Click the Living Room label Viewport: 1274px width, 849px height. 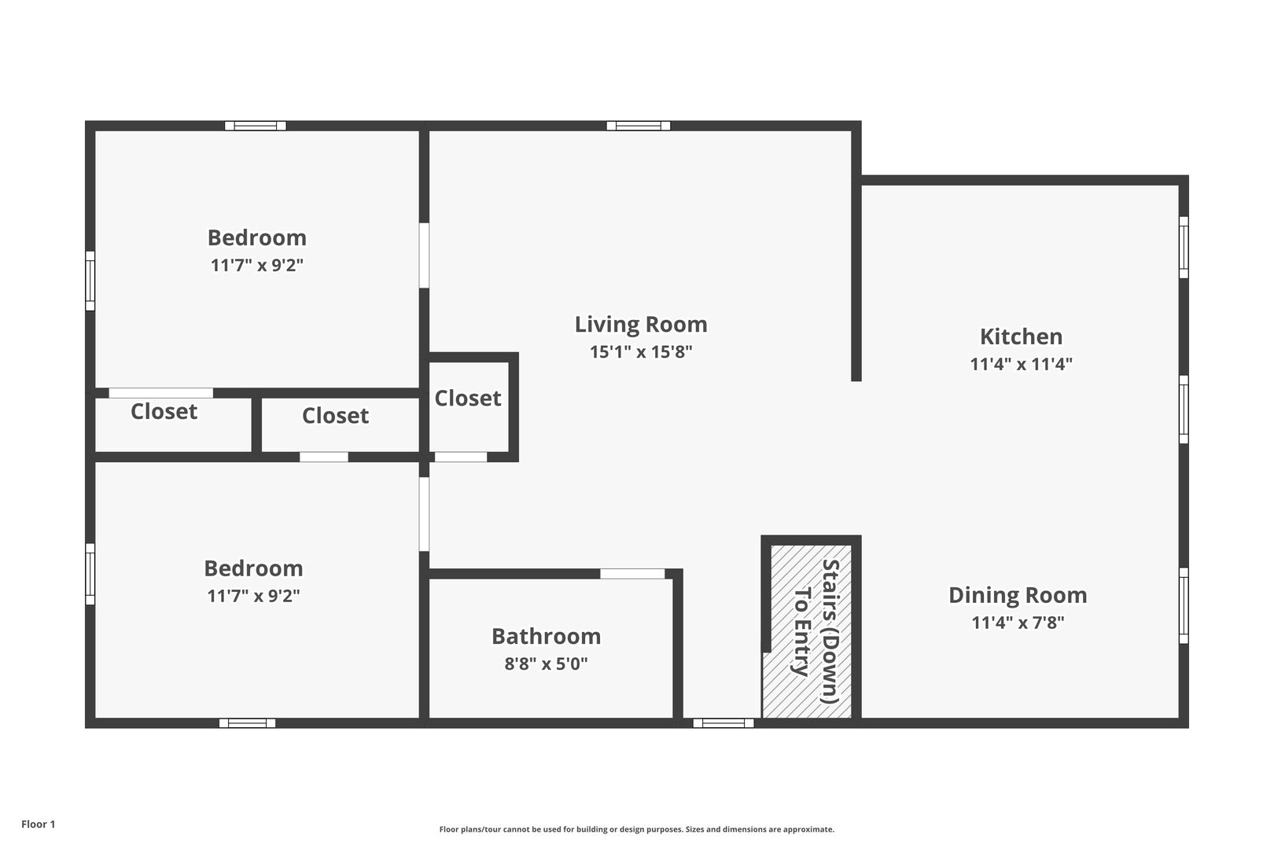(x=641, y=325)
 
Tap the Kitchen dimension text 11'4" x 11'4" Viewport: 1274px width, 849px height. (x=1021, y=364)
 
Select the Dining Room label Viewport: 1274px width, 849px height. (x=1018, y=595)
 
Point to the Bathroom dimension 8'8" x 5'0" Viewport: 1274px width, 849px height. (x=546, y=663)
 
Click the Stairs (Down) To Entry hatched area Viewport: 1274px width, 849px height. (x=807, y=631)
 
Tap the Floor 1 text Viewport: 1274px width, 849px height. (x=38, y=824)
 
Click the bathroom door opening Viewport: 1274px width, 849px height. (x=632, y=574)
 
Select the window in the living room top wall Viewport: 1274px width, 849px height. (x=638, y=126)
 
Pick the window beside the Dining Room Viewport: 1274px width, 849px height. (x=1184, y=605)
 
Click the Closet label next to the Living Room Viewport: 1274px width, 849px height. (x=467, y=398)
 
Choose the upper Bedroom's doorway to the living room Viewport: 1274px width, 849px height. (x=424, y=255)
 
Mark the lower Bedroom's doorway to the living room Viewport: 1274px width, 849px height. (x=424, y=514)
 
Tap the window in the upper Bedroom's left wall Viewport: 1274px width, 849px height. (x=90, y=281)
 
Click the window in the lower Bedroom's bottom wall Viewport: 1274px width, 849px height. (x=248, y=723)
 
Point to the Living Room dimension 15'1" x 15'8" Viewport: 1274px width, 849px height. (x=641, y=352)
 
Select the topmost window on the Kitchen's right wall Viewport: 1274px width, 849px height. (x=1184, y=248)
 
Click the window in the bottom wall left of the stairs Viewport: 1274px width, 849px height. (x=724, y=723)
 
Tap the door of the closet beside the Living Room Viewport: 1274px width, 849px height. (x=461, y=457)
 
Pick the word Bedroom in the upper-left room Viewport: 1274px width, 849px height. (x=257, y=237)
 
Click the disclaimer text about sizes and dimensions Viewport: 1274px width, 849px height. (x=636, y=829)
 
